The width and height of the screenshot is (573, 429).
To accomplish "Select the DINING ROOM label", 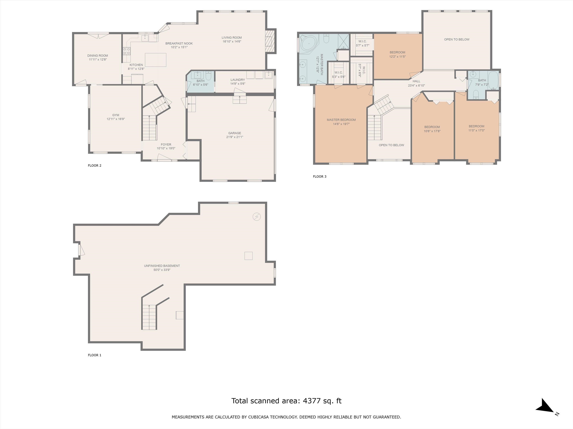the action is coord(98,56).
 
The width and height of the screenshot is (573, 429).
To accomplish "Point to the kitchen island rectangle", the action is coord(155,60).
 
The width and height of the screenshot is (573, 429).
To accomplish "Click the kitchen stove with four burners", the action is coord(126,51).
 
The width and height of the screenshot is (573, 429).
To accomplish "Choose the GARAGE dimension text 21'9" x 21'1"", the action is coord(235,137).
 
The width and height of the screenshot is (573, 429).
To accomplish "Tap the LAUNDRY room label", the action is coord(238,80).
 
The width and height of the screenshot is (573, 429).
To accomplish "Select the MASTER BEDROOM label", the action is coord(341,120).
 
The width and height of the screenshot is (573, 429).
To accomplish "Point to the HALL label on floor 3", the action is coord(416,81).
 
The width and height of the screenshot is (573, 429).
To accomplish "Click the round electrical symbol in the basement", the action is coord(257,217).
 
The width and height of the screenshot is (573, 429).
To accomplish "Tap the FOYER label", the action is coord(166,144).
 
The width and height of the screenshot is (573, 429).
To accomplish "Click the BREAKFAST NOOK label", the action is coord(179,43).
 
